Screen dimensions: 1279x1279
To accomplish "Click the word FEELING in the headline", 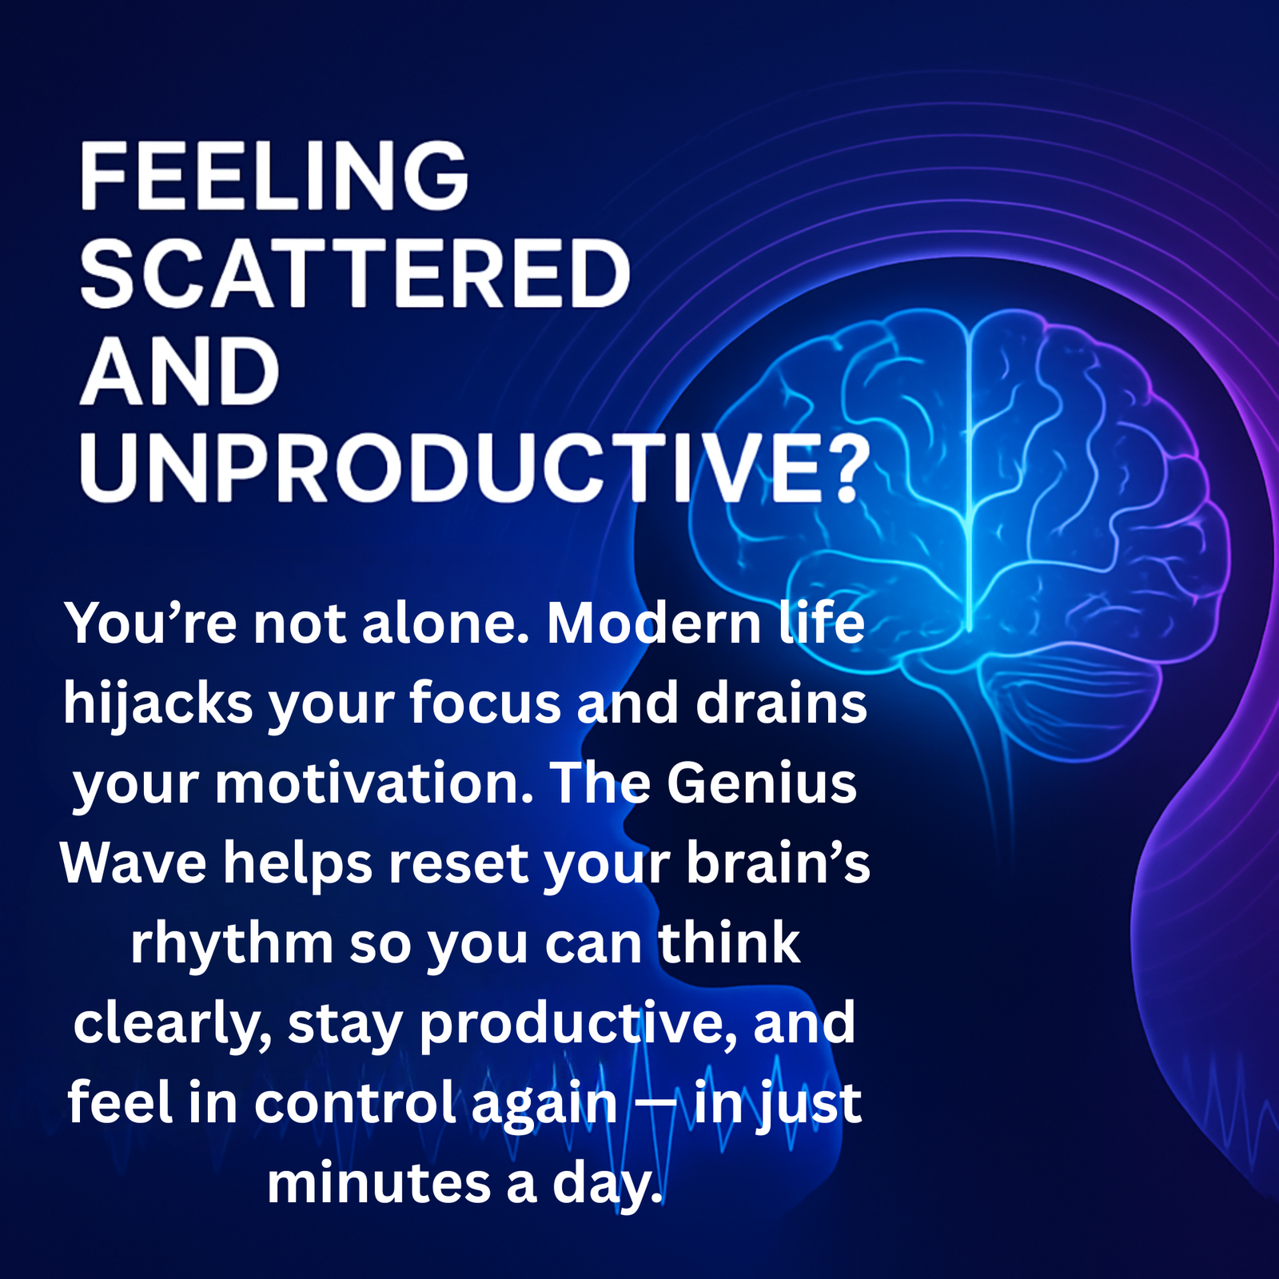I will (273, 176).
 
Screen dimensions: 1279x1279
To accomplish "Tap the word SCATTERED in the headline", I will (356, 274).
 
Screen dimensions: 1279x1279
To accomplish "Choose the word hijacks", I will (157, 705).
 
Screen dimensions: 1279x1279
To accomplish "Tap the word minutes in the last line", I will (378, 1183).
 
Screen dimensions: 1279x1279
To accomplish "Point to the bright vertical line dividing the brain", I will (969, 480).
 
